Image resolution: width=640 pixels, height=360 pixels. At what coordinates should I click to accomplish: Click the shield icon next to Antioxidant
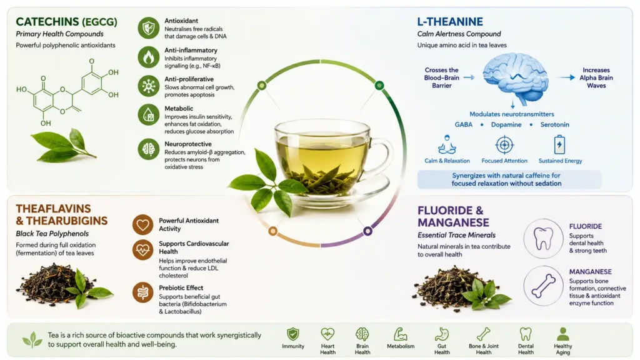[149, 27]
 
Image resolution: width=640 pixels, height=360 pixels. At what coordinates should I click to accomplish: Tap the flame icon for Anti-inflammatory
[149, 57]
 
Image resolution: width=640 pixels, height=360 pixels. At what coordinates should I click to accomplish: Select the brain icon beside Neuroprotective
[149, 149]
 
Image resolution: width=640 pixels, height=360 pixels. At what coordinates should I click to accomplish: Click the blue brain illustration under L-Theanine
[516, 79]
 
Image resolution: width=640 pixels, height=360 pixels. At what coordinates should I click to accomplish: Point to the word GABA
[464, 124]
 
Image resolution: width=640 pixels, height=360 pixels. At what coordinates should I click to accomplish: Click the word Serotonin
[554, 124]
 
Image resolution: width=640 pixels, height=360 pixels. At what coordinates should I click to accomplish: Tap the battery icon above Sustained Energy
[559, 144]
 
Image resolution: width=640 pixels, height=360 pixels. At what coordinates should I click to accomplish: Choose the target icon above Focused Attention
[504, 145]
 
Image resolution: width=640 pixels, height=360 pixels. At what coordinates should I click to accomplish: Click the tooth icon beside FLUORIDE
[543, 238]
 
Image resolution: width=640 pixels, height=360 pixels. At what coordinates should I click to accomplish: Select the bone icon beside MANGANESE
[543, 286]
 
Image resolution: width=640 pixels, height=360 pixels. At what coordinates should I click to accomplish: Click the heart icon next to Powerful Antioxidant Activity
[143, 225]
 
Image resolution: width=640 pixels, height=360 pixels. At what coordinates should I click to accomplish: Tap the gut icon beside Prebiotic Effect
[143, 292]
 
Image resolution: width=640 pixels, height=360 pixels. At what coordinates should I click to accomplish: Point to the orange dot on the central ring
[272, 231]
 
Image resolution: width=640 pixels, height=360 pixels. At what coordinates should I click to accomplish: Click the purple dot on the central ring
[367, 231]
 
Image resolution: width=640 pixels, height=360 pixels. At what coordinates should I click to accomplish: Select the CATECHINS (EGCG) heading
[66, 22]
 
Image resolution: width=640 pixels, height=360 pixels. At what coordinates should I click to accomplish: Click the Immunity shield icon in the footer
[293, 334]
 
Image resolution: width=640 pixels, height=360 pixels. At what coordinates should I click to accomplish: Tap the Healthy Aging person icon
[563, 334]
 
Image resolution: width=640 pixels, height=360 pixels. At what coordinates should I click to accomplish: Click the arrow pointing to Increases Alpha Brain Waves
[567, 77]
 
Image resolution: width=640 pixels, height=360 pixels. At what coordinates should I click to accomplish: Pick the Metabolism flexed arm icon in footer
[401, 334]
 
